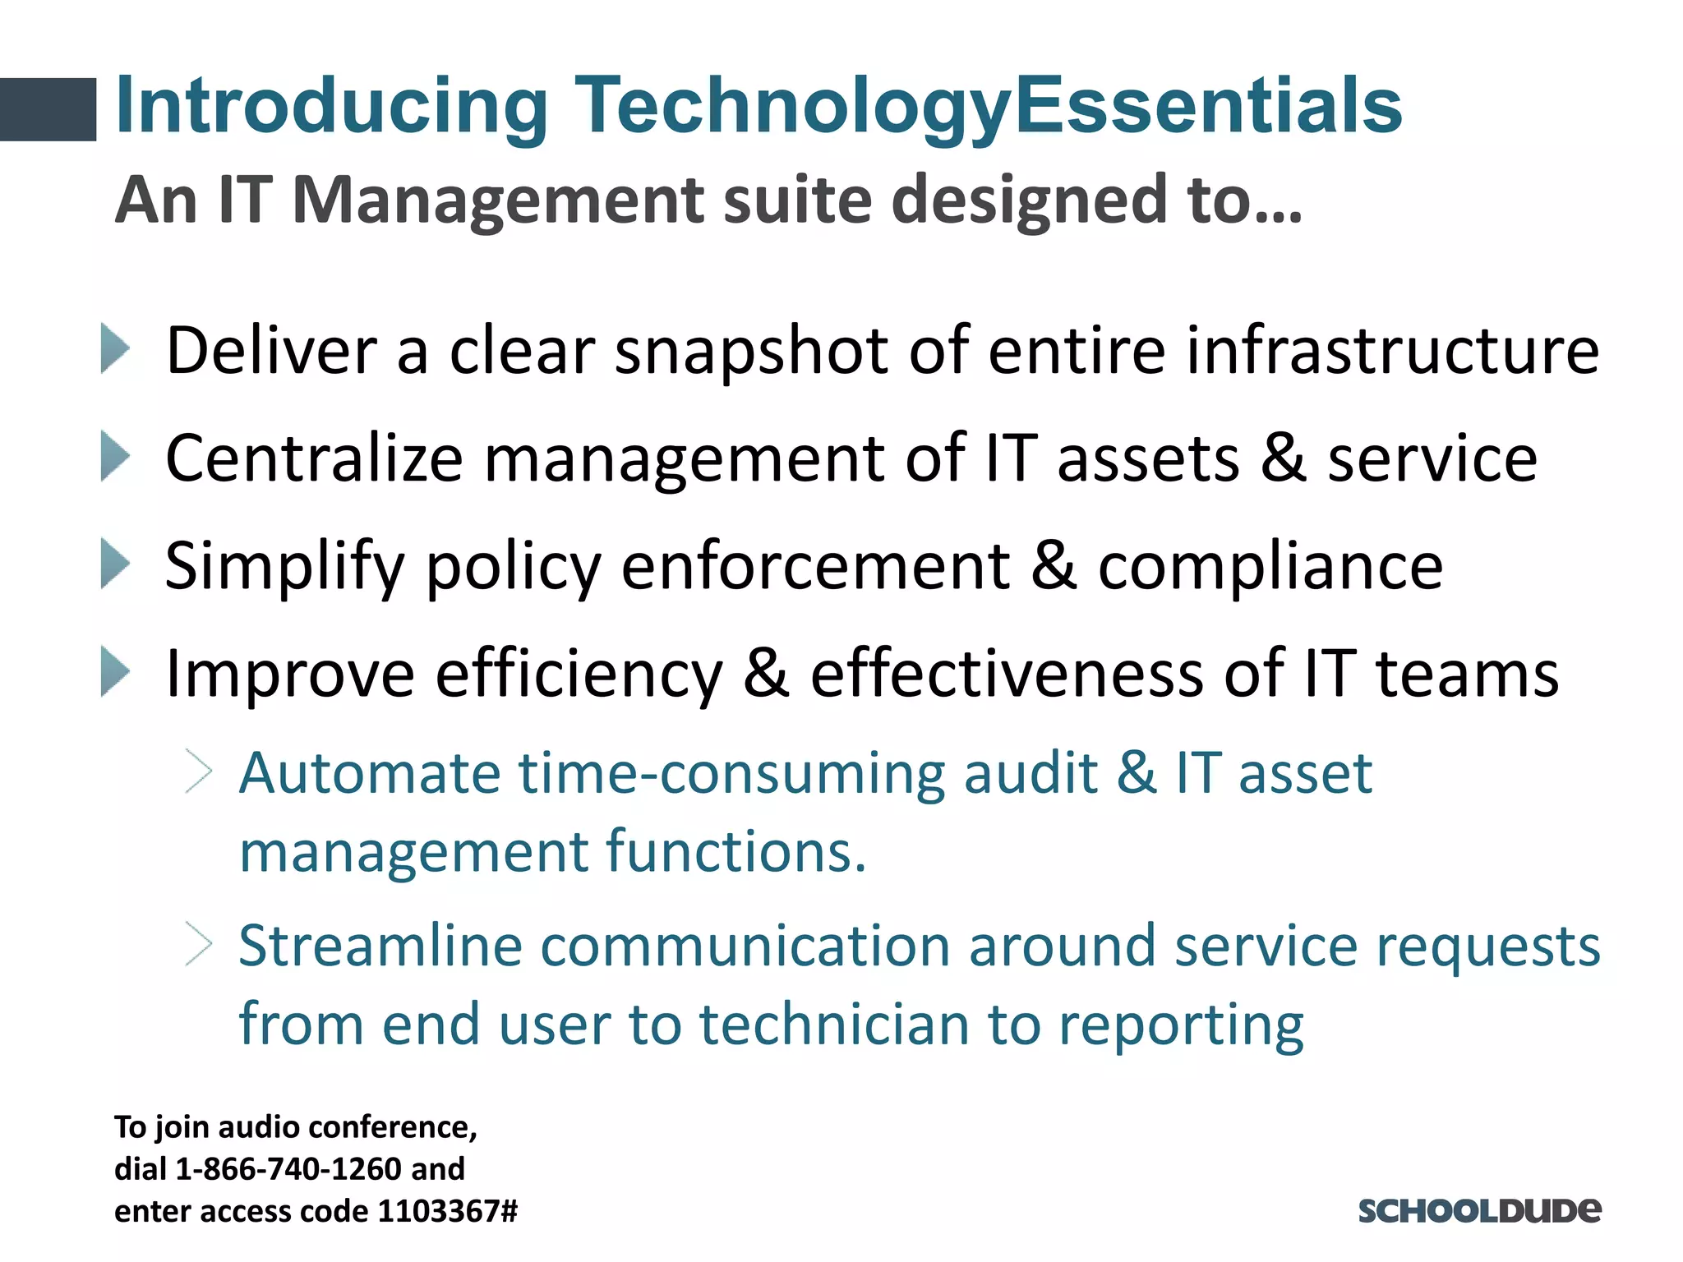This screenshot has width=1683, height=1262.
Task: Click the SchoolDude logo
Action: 1478,1211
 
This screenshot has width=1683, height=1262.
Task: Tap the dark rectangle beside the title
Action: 48,109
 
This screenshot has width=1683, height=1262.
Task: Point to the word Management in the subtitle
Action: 498,200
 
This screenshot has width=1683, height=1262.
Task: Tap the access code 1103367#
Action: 448,1211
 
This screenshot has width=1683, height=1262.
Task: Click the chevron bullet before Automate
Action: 199,771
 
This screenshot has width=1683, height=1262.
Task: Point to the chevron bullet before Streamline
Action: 199,944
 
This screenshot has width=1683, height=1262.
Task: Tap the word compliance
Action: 1270,567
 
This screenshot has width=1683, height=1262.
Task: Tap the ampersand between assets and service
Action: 1284,458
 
